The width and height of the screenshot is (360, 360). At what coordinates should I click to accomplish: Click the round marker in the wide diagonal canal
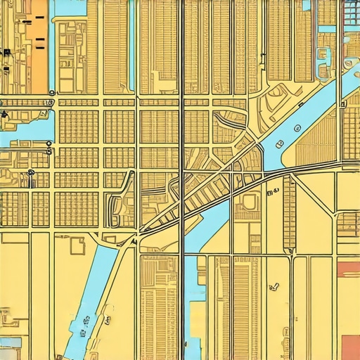(x=297, y=128)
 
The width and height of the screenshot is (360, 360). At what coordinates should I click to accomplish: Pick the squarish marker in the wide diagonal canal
(x=279, y=144)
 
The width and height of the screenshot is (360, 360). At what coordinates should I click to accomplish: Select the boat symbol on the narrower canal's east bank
(x=108, y=321)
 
